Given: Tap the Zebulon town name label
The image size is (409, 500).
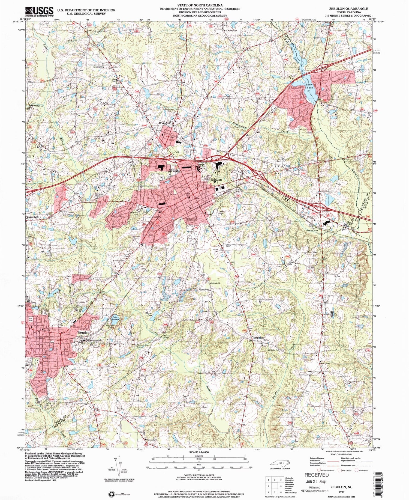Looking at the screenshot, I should (x=216, y=180).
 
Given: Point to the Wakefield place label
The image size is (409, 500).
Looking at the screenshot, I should (x=165, y=123).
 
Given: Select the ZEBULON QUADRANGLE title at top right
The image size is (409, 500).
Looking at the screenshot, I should (x=348, y=9).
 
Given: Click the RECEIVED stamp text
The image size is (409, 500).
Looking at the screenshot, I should (x=317, y=475).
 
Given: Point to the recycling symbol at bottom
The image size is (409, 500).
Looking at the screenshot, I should (x=112, y=493).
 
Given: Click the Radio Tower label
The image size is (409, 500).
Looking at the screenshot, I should (x=119, y=260).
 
